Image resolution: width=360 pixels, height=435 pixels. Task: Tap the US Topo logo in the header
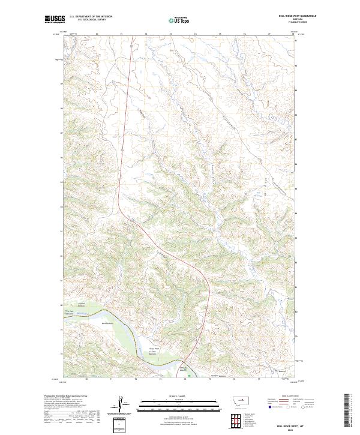click(x=180, y=20)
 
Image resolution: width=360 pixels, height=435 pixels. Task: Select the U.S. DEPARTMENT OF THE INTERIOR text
click(x=91, y=17)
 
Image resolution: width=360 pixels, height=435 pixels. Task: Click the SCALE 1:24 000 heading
click(x=180, y=395)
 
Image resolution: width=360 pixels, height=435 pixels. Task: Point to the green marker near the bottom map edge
click(x=190, y=376)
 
